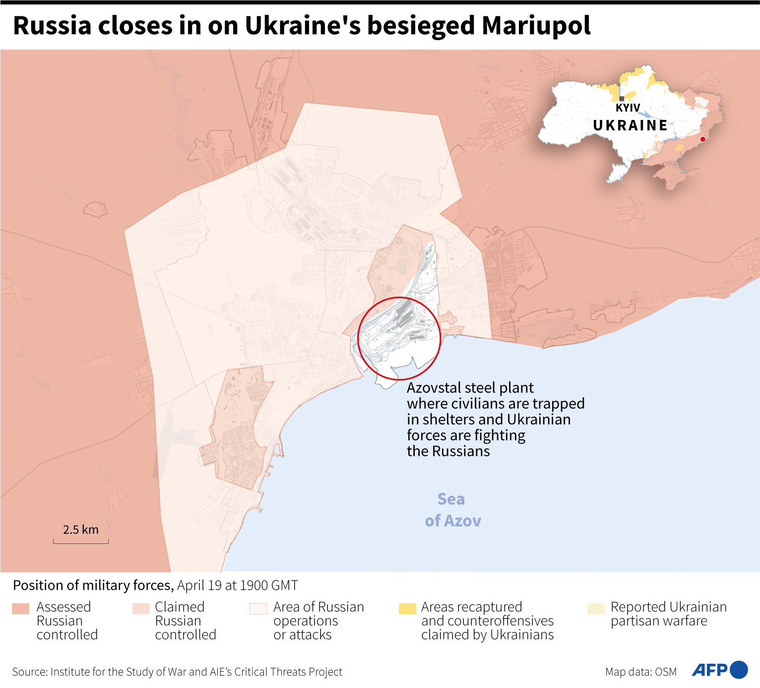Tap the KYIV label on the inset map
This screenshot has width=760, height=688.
point(628,108)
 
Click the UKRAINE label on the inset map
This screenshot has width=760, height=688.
point(631,125)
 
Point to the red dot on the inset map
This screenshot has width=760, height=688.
point(702,139)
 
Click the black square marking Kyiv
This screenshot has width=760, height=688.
point(622,99)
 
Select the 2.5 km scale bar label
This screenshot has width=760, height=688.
point(80,530)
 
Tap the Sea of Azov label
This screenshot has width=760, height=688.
point(452,510)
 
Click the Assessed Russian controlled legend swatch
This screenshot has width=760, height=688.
point(20,609)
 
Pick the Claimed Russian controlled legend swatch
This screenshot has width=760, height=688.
point(141,609)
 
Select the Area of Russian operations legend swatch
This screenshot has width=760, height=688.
point(258,609)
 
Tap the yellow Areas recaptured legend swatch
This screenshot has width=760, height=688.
point(407,609)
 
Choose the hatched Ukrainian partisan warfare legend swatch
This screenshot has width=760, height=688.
point(596,609)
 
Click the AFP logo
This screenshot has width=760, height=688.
point(709,670)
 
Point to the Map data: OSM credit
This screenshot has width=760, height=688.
point(640,672)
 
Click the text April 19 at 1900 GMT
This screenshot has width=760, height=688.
point(237,585)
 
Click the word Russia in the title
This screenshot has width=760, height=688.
point(52,26)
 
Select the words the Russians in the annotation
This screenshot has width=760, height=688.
point(448,451)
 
